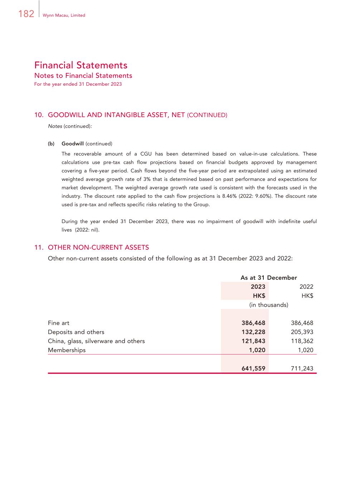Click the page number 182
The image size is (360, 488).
(26, 14)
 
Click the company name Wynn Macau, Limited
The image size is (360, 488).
(64, 15)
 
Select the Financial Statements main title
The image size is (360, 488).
(81, 65)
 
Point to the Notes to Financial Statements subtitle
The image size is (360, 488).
(83, 75)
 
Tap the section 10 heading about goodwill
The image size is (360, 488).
(131, 115)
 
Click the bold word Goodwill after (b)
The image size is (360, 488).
(73, 144)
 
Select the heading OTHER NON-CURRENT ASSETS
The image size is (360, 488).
(98, 247)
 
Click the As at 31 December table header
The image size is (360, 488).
(269, 278)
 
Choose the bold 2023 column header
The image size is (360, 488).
(258, 287)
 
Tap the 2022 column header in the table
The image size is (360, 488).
(306, 287)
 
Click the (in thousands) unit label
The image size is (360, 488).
(269, 305)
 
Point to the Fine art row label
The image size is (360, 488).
(59, 323)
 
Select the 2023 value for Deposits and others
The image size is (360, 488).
(253, 332)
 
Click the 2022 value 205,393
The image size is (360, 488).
(302, 332)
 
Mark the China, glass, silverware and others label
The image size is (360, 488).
(96, 341)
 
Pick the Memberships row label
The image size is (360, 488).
(67, 350)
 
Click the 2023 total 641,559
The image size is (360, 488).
(253, 368)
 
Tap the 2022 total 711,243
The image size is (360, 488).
(302, 368)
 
